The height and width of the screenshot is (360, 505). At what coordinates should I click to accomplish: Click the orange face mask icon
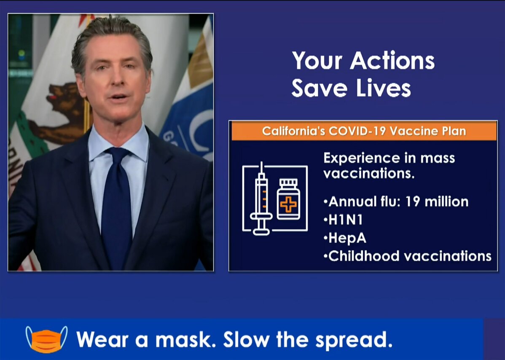click(x=47, y=340)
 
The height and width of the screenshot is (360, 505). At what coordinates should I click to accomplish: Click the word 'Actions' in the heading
click(x=392, y=61)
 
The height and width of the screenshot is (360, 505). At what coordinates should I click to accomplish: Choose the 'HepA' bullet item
click(x=345, y=238)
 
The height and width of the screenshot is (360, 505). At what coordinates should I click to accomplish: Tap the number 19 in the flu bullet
click(x=413, y=201)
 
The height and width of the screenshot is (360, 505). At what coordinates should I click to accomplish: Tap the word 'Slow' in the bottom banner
click(x=246, y=340)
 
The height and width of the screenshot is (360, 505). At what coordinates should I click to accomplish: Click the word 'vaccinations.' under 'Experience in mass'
click(x=369, y=174)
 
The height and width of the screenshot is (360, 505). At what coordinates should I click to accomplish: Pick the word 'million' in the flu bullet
click(x=447, y=201)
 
